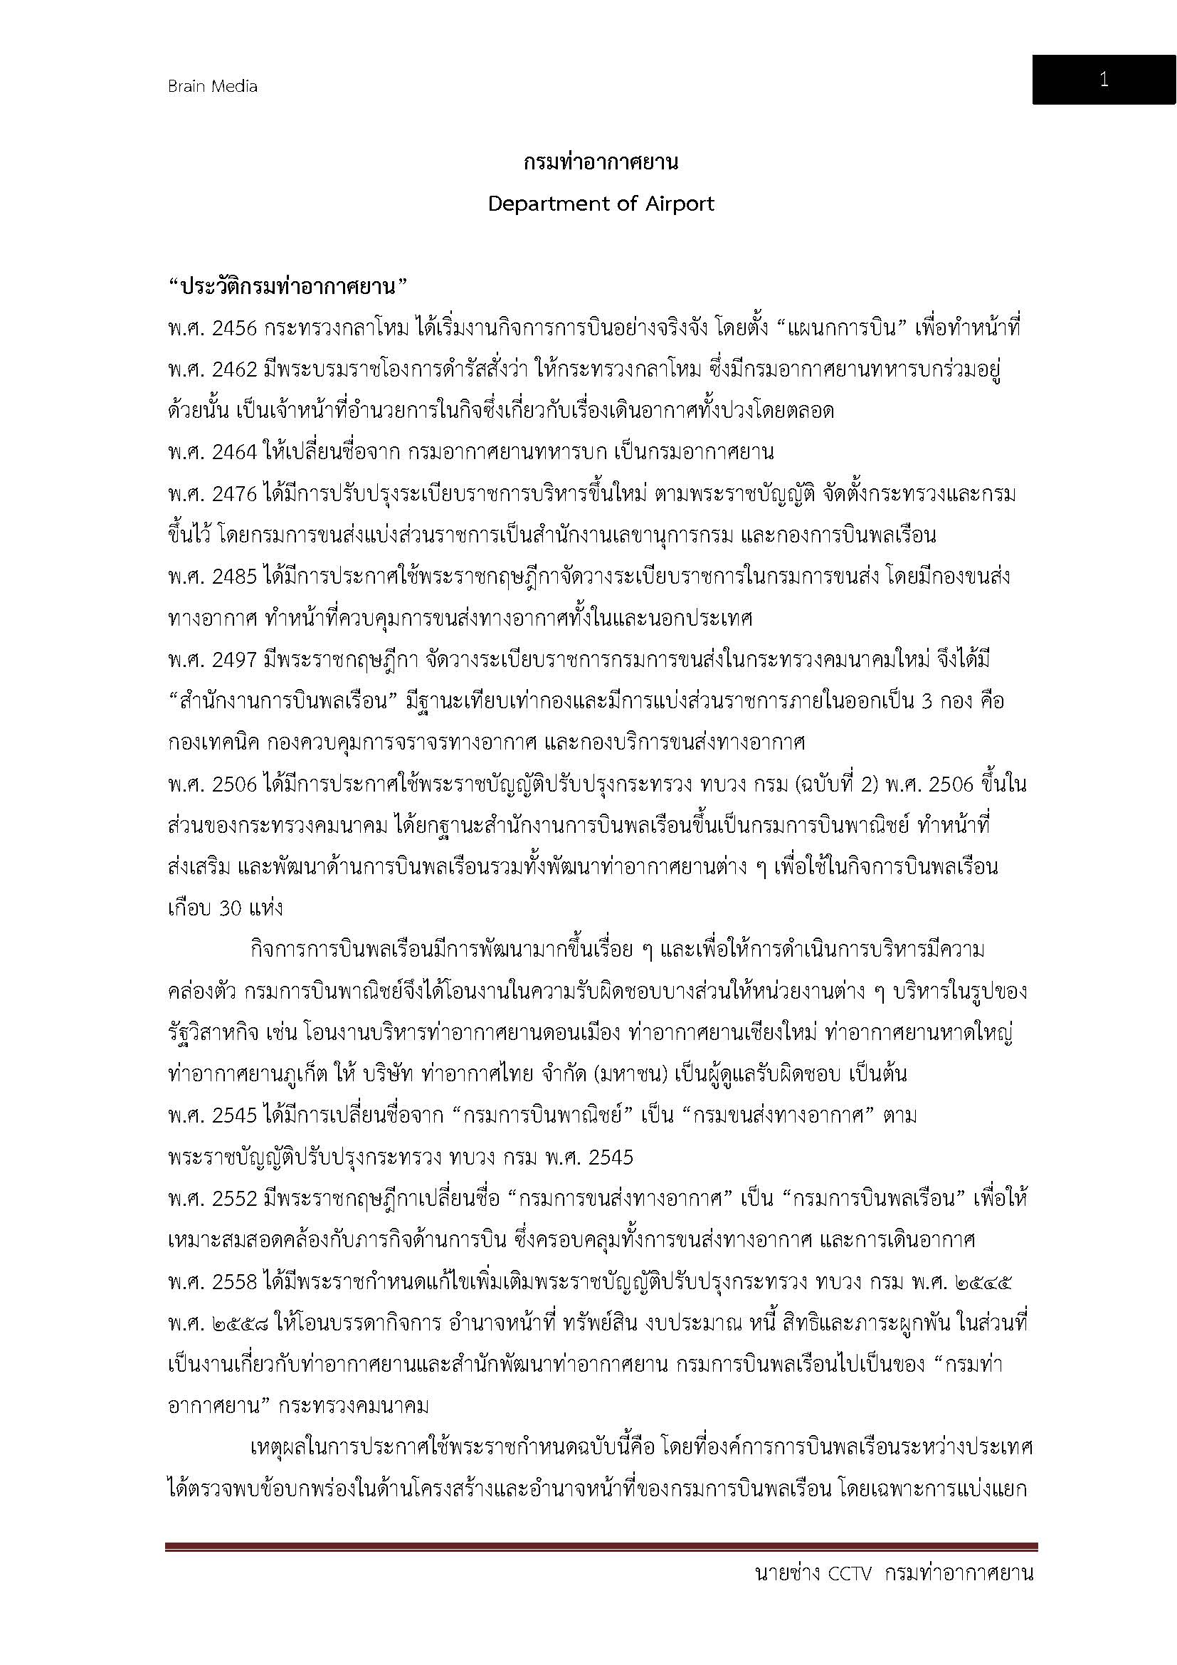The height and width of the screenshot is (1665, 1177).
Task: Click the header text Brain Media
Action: (x=212, y=86)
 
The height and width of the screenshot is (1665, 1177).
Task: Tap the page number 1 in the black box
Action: (x=1103, y=80)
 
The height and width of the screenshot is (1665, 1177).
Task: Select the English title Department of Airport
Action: (x=601, y=204)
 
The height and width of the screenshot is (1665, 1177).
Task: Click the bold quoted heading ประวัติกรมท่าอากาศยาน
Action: (x=288, y=287)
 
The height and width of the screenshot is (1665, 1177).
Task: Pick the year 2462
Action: (x=235, y=370)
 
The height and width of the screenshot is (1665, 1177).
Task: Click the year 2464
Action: (x=235, y=453)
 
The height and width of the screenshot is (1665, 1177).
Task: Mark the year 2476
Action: (x=235, y=495)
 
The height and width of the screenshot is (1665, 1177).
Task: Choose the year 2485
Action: (x=235, y=577)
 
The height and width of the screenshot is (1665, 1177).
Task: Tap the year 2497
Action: (x=235, y=660)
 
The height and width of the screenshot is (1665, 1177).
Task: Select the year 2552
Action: (x=235, y=1199)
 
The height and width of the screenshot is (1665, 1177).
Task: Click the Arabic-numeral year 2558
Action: (x=235, y=1282)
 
